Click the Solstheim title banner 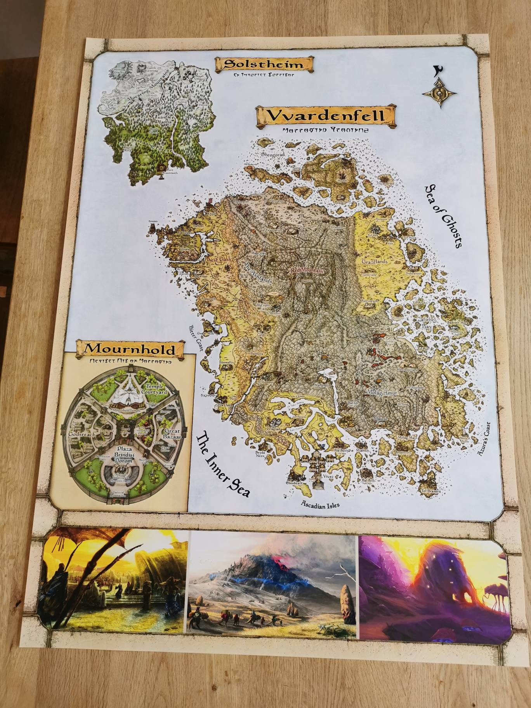coord(264,64)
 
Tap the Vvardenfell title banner coord(325,116)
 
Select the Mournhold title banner coord(130,349)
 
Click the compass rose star coord(441,94)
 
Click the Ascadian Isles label coord(320,505)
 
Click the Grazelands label coord(374,262)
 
